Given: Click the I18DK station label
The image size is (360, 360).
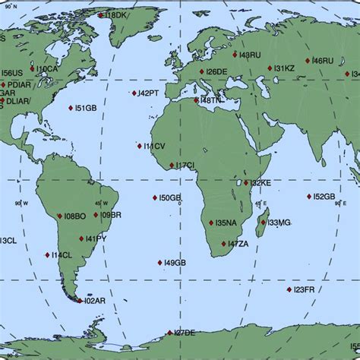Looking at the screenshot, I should [x=117, y=14].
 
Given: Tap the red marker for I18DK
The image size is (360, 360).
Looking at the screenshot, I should [x=101, y=14].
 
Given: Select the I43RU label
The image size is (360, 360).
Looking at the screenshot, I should [x=250, y=55].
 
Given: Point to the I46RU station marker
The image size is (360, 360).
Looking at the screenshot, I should [x=308, y=61].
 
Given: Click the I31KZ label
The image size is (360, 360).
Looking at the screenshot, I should [x=284, y=68].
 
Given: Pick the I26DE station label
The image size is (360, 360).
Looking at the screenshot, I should [x=216, y=71].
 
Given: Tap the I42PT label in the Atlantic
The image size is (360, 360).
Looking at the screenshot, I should [x=148, y=93].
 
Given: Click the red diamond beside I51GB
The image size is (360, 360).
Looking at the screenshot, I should [x=71, y=109].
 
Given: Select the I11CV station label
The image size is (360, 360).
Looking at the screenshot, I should [x=154, y=146].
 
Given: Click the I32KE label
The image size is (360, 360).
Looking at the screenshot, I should [x=261, y=183].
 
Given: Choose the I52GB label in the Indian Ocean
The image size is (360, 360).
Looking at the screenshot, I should [x=324, y=197].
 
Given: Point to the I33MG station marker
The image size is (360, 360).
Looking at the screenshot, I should [x=263, y=223].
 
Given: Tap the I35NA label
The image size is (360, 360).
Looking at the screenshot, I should [x=226, y=223].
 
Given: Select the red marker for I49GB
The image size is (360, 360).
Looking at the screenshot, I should [x=159, y=263].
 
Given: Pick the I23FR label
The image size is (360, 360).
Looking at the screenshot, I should [x=304, y=289].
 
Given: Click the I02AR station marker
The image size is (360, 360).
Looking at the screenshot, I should [x=79, y=301].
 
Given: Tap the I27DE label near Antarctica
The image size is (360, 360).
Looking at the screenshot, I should [x=185, y=333].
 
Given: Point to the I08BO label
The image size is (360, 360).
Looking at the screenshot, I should [x=75, y=216].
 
